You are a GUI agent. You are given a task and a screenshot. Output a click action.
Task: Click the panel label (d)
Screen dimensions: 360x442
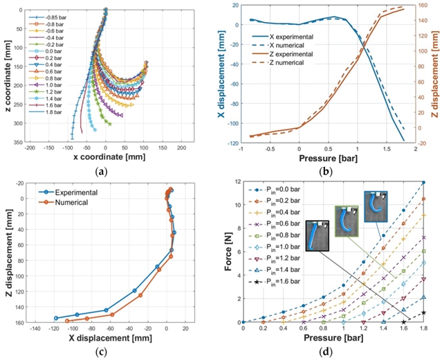[x=332, y=352]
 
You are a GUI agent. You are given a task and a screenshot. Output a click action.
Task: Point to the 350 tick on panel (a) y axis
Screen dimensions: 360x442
[x=20, y=142]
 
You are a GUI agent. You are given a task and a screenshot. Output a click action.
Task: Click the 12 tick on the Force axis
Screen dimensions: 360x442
[x=237, y=182]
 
